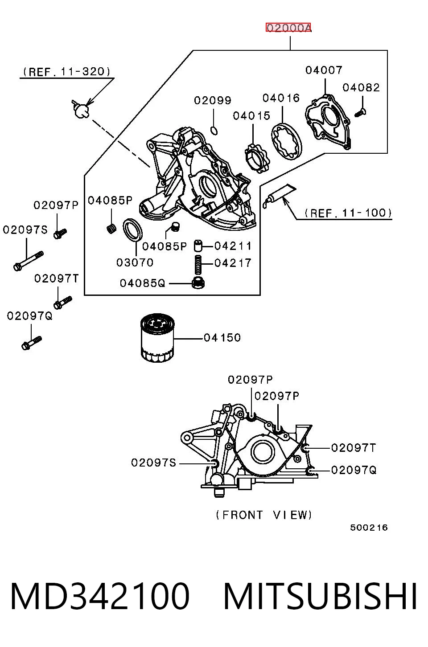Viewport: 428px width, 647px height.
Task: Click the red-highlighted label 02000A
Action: click(288, 28)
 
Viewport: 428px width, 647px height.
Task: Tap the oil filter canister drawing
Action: click(157, 339)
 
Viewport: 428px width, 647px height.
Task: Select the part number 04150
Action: click(222, 337)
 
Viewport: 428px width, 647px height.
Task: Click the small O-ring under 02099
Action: click(214, 131)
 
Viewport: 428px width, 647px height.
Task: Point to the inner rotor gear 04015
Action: click(257, 159)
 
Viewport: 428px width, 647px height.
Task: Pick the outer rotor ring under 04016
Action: click(286, 141)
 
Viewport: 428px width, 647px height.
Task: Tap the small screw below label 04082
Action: click(360, 112)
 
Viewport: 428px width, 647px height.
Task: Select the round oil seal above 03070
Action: click(133, 229)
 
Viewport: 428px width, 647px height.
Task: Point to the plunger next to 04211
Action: click(198, 246)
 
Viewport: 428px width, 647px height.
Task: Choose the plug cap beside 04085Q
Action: click(198, 283)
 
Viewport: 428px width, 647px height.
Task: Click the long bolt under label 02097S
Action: click(29, 262)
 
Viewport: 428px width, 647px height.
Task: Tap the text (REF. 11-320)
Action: click(67, 71)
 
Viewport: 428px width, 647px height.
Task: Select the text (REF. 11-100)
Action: click(348, 213)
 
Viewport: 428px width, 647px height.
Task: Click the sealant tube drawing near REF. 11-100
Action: click(279, 195)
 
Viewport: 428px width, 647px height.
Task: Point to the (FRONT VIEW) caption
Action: click(264, 515)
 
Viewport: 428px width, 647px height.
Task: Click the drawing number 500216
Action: click(369, 528)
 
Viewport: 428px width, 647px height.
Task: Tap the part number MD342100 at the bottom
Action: click(100, 597)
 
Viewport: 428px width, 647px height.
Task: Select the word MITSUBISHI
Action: click(320, 597)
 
